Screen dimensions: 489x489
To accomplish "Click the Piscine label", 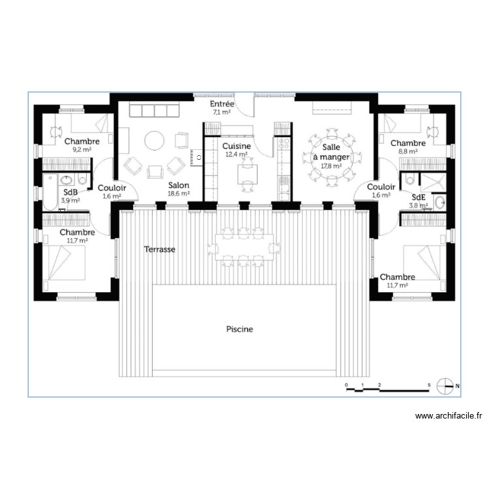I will tap(239, 329).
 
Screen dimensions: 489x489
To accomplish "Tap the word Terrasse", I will tap(160, 249).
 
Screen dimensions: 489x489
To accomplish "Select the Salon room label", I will tap(178, 185).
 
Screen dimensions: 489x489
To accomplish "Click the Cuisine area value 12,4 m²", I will tap(236, 155).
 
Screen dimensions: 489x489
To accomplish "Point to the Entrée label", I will tap(222, 104).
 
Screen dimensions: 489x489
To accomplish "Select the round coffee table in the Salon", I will tap(155, 141).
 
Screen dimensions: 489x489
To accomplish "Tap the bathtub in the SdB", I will tap(50, 190).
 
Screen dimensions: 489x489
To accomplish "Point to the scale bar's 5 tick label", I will tap(428, 385).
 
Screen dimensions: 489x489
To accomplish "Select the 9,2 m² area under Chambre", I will tap(81, 149).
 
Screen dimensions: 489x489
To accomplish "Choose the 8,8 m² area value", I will tap(407, 151).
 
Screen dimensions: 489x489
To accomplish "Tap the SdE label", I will tap(419, 197).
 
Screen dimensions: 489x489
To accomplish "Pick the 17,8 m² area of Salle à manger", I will tap(331, 166).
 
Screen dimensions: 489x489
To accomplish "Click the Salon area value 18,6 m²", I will tap(178, 193).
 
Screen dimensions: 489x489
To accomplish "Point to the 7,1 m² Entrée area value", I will tap(222, 112).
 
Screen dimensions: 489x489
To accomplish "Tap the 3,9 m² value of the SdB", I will tap(70, 201).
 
